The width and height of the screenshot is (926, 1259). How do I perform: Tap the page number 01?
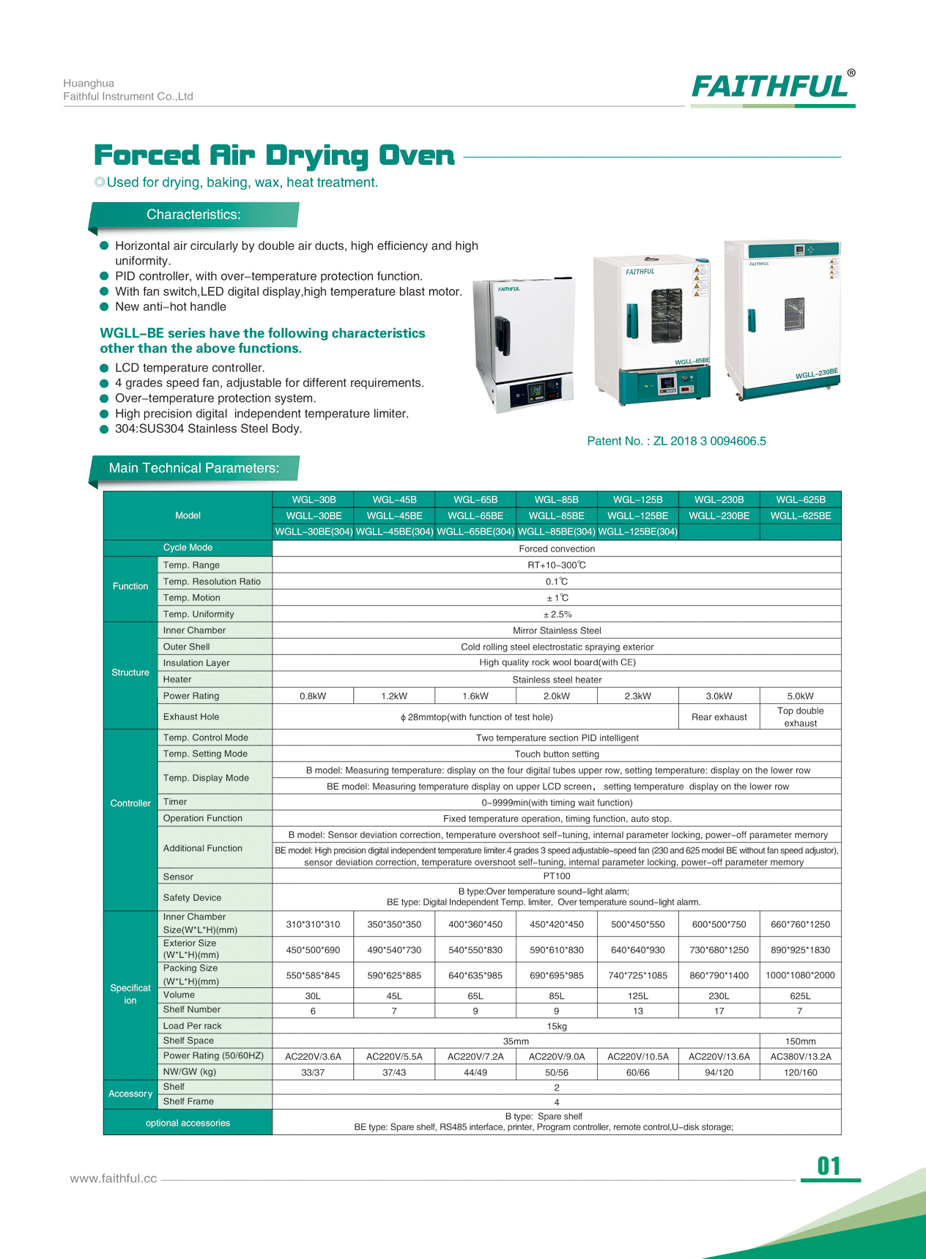pyautogui.click(x=829, y=1166)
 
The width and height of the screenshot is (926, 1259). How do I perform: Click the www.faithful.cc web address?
pyautogui.click(x=114, y=1178)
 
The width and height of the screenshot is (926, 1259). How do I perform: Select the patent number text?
pyautogui.click(x=676, y=441)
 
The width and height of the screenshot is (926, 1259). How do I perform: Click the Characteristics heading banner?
pyautogui.click(x=193, y=215)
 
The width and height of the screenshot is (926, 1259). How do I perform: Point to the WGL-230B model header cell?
pyautogui.click(x=719, y=499)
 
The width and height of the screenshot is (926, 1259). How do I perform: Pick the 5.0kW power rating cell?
pyautogui.click(x=800, y=696)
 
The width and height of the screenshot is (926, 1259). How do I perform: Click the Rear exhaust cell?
pyautogui.click(x=719, y=717)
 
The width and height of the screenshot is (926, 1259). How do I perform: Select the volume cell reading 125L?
pyautogui.click(x=637, y=996)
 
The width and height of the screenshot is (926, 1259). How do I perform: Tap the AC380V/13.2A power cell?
pyautogui.click(x=800, y=1056)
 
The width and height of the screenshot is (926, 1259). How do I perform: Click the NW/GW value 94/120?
pyautogui.click(x=719, y=1072)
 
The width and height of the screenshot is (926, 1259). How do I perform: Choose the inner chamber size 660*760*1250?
pyautogui.click(x=800, y=924)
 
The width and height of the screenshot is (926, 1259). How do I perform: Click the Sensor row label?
pyautogui.click(x=178, y=877)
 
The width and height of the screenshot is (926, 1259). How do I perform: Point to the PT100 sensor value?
pyautogui.click(x=557, y=877)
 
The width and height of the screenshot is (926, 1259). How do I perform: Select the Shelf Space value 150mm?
pyautogui.click(x=800, y=1041)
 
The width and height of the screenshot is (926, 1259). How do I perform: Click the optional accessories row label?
pyautogui.click(x=188, y=1123)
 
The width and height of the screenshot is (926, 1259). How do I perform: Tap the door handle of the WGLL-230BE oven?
pyautogui.click(x=752, y=321)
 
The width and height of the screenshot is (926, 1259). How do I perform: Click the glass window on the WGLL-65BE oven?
pyautogui.click(x=666, y=315)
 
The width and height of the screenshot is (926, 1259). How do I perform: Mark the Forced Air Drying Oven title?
pyautogui.click(x=274, y=155)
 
